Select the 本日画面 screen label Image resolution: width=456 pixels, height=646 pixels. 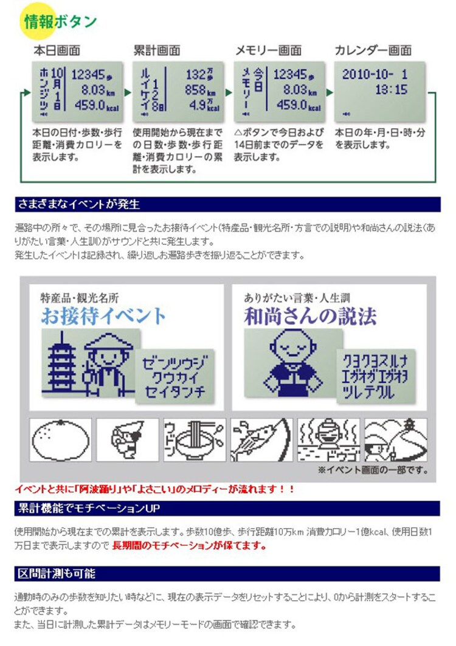tap(57, 50)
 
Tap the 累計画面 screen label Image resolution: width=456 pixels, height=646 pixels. tap(156, 50)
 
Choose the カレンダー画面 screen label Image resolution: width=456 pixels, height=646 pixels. tap(373, 50)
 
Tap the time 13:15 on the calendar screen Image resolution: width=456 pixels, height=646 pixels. tap(391, 90)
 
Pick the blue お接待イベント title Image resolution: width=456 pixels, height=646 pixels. tap(103, 315)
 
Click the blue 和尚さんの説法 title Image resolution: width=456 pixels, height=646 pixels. tap(310, 315)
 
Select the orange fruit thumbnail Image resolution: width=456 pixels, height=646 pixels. tap(60, 440)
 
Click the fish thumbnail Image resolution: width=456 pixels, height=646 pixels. tap(261, 440)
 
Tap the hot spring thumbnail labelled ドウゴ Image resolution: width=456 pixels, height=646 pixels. tap(328, 440)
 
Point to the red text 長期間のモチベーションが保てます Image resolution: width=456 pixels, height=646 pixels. tap(189, 545)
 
